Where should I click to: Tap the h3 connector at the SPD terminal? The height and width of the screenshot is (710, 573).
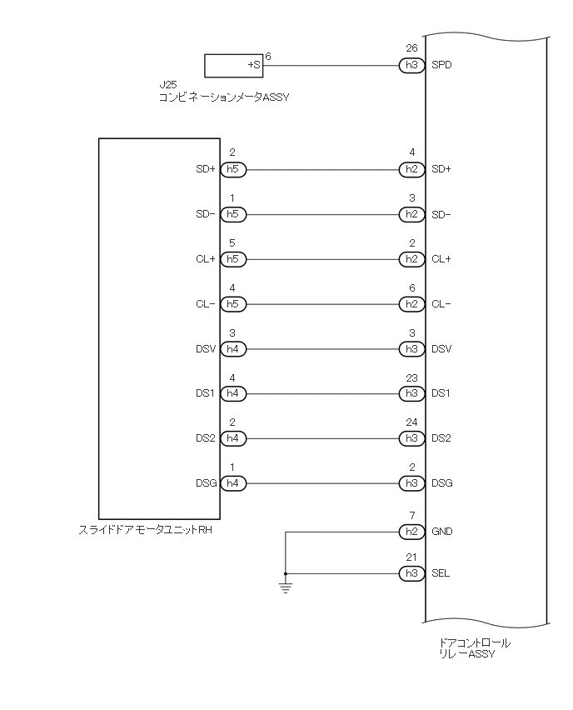pyautogui.click(x=411, y=64)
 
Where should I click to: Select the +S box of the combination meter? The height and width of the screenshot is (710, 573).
pyautogui.click(x=233, y=64)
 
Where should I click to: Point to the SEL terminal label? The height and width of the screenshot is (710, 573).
pyautogui.click(x=441, y=573)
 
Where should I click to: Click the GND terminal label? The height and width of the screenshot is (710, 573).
pyautogui.click(x=442, y=531)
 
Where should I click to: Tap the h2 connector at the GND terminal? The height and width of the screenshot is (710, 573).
pyautogui.click(x=411, y=531)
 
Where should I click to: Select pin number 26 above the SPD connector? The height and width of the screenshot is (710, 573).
pyautogui.click(x=411, y=49)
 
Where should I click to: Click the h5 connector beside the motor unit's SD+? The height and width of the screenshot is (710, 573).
pyautogui.click(x=233, y=169)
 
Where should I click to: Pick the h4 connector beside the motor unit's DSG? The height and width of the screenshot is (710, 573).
pyautogui.click(x=233, y=482)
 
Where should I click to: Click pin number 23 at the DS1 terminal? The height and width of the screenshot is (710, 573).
pyautogui.click(x=411, y=377)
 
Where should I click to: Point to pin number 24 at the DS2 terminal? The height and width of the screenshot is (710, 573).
pyautogui.click(x=411, y=422)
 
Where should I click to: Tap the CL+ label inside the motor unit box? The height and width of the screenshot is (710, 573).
pyautogui.click(x=206, y=259)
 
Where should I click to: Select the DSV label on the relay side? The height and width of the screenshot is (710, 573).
pyautogui.click(x=441, y=349)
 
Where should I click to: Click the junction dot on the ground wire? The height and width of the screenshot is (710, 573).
pyautogui.click(x=286, y=573)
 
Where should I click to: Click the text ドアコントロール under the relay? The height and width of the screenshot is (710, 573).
pyautogui.click(x=474, y=642)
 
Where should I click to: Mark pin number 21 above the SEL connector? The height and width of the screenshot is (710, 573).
pyautogui.click(x=411, y=557)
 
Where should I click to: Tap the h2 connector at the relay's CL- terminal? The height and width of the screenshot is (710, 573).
pyautogui.click(x=411, y=304)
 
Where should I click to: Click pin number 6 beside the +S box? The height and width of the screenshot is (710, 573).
pyautogui.click(x=268, y=56)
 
